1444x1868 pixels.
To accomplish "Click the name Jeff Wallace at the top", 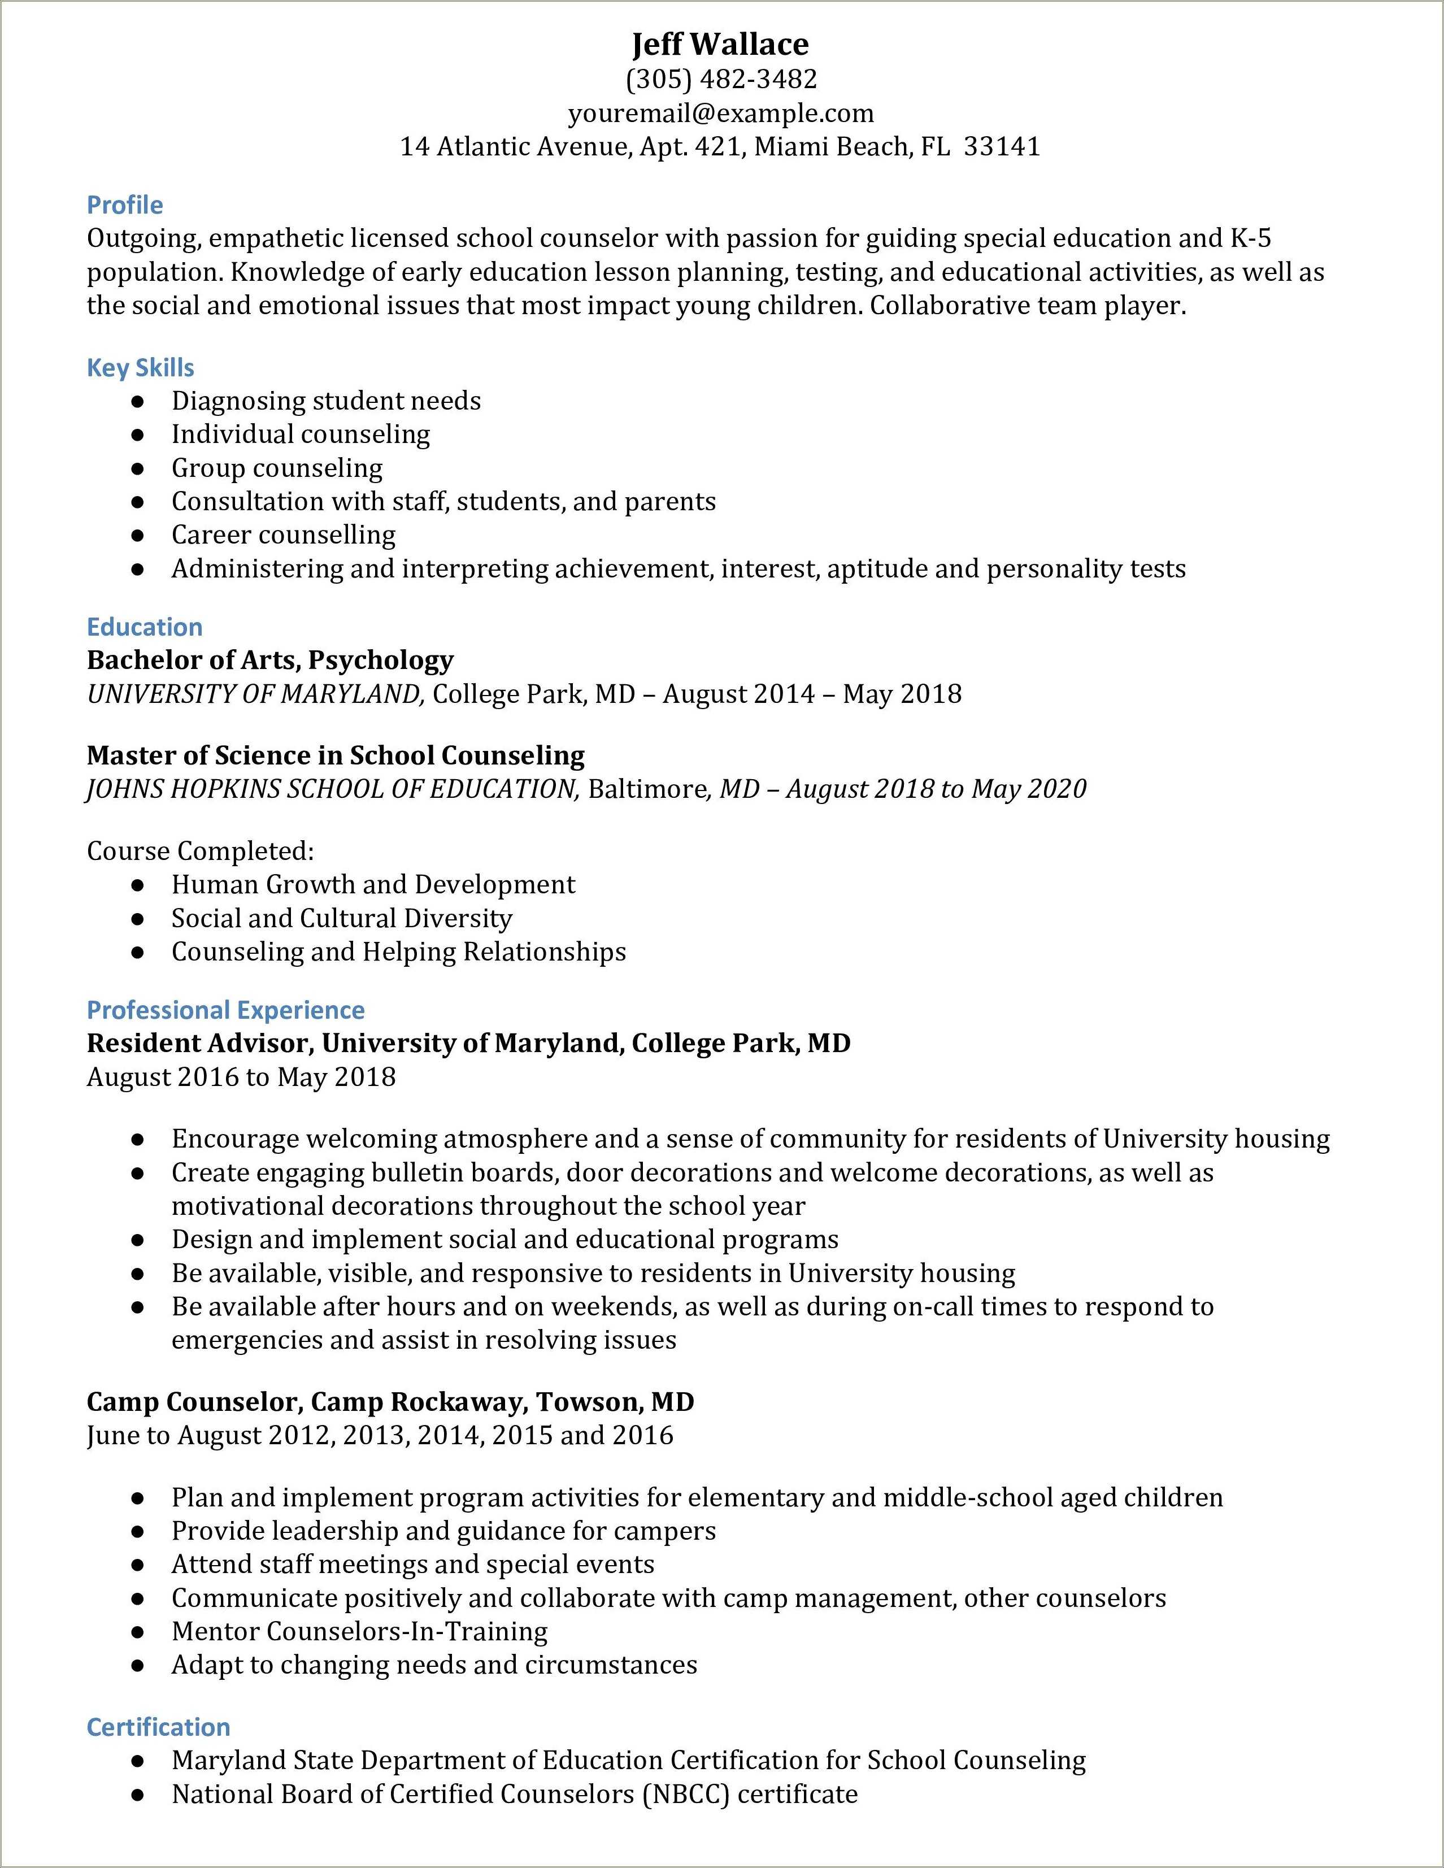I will click(721, 45).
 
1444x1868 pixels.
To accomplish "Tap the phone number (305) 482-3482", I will click(721, 80).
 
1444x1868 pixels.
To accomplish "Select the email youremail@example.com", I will click(721, 114).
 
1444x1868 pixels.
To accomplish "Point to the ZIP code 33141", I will click(1002, 147).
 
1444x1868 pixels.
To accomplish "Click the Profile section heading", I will click(125, 205).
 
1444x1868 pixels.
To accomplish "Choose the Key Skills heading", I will click(140, 368).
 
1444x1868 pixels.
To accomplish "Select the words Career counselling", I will click(283, 536).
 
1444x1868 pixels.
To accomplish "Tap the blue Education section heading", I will click(145, 627).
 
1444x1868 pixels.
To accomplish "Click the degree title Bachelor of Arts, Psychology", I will click(270, 661).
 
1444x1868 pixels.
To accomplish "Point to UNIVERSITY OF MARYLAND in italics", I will click(255, 694).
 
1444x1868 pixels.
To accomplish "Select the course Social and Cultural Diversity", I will click(342, 919).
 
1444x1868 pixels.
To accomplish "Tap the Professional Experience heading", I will click(226, 1010).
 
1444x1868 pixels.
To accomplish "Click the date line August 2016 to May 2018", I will click(241, 1077).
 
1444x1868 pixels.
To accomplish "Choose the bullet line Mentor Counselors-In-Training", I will click(359, 1631).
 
